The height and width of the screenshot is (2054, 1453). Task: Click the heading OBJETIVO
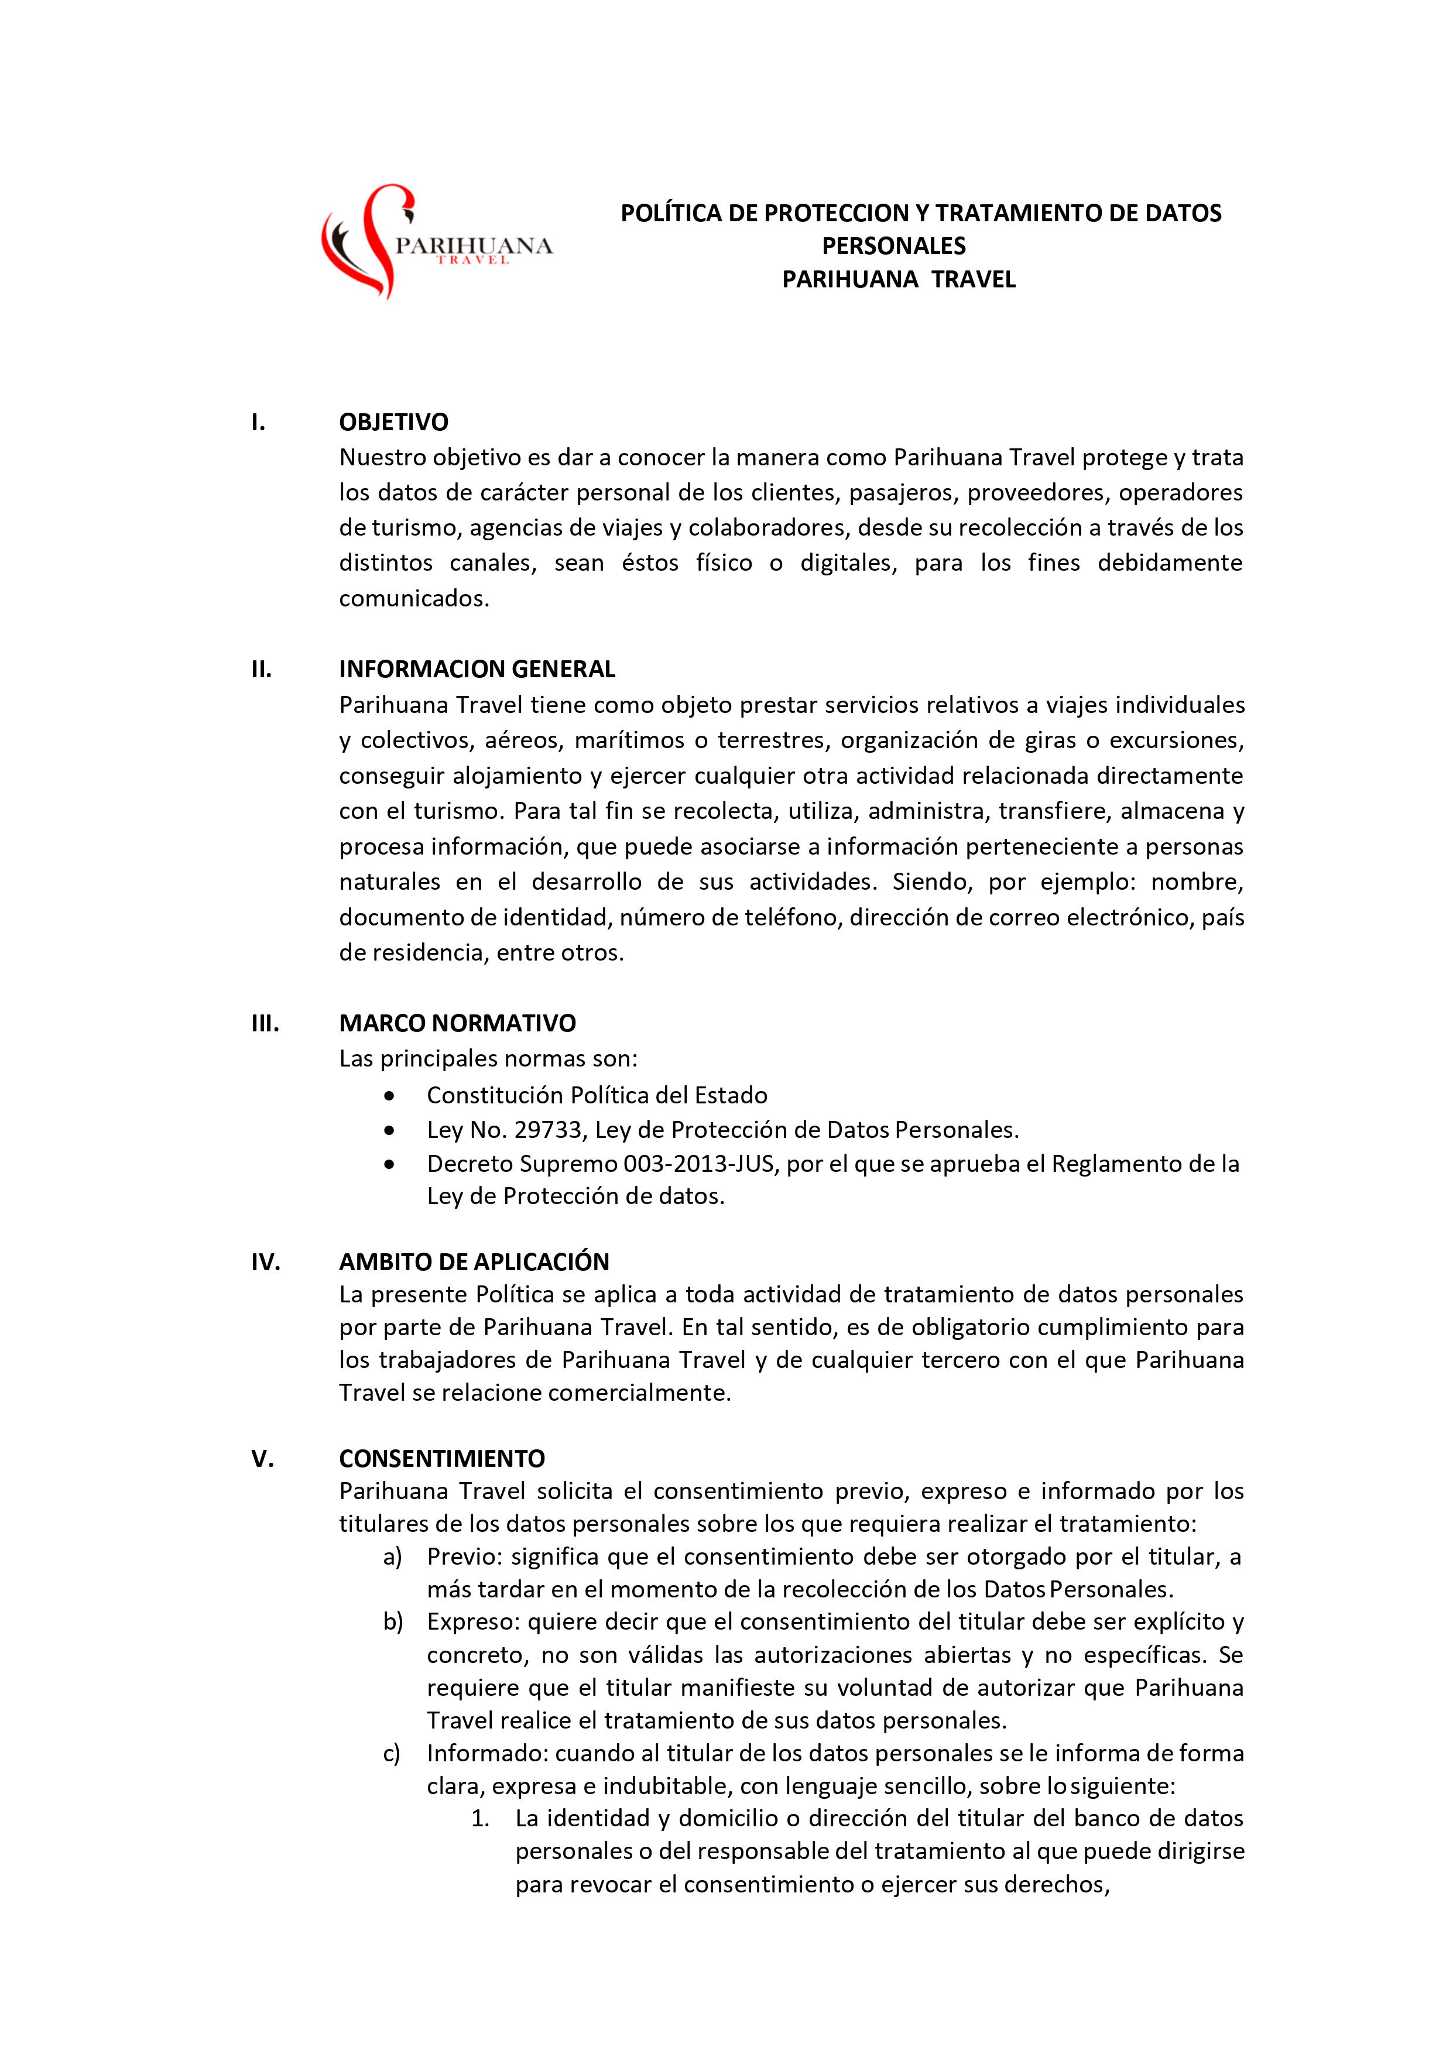[x=393, y=421]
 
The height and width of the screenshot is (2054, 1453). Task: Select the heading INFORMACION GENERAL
[x=477, y=669]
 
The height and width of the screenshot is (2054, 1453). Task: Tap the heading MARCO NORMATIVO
[x=457, y=1023]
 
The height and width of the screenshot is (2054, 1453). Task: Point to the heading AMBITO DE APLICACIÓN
[x=473, y=1261]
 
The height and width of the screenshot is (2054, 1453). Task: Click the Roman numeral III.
[x=265, y=1023]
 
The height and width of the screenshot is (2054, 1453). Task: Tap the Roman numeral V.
[x=261, y=1459]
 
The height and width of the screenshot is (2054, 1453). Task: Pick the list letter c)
[x=392, y=1753]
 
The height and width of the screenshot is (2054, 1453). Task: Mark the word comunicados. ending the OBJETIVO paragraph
[x=414, y=598]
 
